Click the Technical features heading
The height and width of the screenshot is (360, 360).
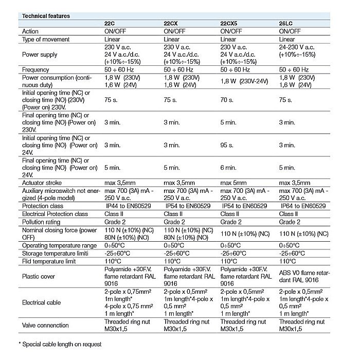click(x=45, y=16)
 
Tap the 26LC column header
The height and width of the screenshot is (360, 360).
click(x=286, y=24)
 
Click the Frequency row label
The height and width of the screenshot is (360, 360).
click(x=35, y=69)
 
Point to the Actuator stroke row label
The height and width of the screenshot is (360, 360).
click(x=43, y=183)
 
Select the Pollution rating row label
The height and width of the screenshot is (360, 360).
click(x=41, y=222)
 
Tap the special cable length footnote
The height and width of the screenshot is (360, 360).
click(x=60, y=344)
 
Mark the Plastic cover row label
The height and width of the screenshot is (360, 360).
click(x=38, y=276)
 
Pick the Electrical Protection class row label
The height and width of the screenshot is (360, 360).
click(x=56, y=213)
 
